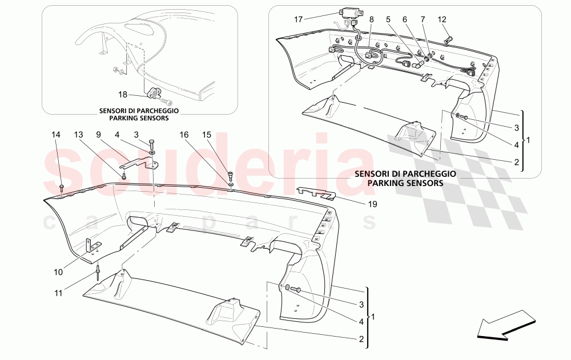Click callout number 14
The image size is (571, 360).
[x=55, y=135]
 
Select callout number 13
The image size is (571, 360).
[x=78, y=135]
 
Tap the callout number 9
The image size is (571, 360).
[x=98, y=135]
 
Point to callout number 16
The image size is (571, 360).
[x=184, y=135]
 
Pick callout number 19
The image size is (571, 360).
[x=373, y=204]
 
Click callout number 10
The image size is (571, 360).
[x=58, y=273]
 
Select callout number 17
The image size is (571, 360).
[x=298, y=19]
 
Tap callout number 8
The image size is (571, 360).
[x=371, y=19]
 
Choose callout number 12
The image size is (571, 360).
[x=441, y=19]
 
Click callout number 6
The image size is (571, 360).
[x=405, y=19]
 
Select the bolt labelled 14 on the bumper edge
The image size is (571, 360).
[x=62, y=187]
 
